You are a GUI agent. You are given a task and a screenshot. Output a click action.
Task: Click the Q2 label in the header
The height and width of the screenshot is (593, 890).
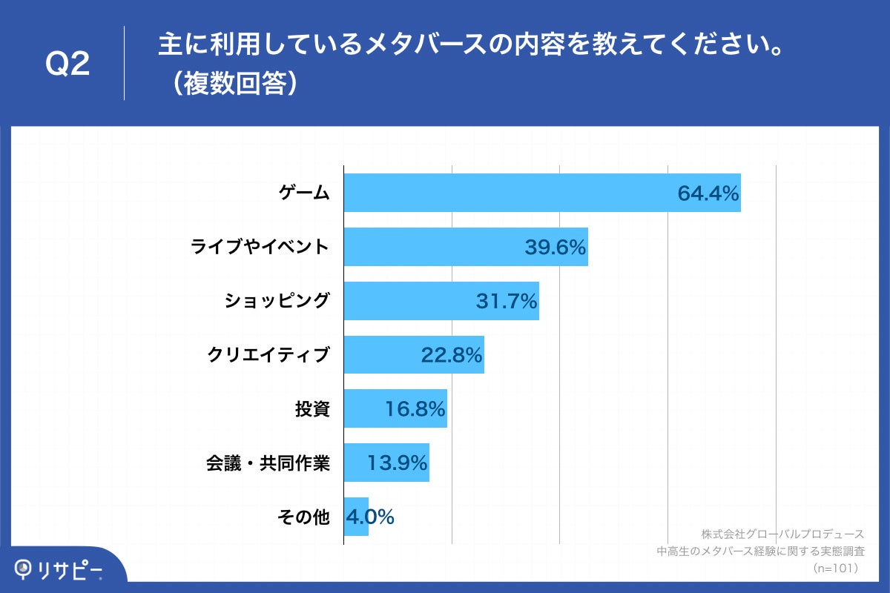pos(67,64)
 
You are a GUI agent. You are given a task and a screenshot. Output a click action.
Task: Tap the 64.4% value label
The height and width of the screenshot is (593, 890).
pos(708,193)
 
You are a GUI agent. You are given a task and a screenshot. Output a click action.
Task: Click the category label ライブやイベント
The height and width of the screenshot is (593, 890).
pos(260,247)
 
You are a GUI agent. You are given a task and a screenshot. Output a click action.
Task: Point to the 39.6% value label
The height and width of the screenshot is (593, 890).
pos(556,248)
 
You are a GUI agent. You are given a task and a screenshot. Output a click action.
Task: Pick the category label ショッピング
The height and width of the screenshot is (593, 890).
pos(277,301)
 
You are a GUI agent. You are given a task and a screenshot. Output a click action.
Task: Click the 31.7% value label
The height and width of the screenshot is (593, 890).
pos(506,302)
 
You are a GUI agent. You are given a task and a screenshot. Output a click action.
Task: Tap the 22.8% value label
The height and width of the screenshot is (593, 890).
pos(452,356)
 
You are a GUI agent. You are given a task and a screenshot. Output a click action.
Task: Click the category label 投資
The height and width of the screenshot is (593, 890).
pos(312,409)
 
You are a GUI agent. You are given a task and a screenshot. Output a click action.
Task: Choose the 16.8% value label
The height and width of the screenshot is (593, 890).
pos(415,409)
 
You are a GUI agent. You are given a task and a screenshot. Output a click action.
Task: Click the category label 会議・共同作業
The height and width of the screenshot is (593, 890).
pos(268,463)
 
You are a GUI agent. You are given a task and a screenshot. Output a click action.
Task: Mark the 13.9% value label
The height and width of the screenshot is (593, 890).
pos(397,463)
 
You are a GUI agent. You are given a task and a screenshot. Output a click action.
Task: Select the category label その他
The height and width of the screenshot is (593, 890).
pos(303,517)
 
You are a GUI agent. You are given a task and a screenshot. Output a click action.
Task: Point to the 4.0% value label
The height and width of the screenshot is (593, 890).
pos(369,517)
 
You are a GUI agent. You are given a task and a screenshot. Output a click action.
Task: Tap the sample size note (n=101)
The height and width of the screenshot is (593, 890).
pos(836,568)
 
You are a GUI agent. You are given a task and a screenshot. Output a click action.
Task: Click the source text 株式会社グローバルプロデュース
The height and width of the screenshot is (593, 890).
pos(782,534)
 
